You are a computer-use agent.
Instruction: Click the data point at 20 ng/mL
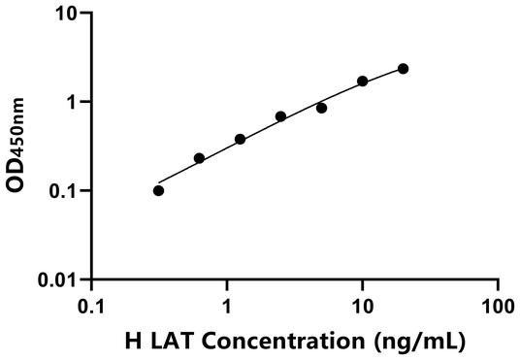point(403,68)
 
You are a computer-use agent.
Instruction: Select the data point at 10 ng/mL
point(363,82)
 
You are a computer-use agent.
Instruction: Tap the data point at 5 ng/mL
point(321,108)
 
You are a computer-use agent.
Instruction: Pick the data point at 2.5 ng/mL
point(280,116)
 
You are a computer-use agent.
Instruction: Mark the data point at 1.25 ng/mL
point(240,139)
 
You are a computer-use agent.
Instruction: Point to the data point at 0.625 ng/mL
point(199,158)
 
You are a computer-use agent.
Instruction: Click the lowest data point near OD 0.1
point(158,190)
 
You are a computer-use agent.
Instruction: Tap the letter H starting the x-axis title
point(133,342)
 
